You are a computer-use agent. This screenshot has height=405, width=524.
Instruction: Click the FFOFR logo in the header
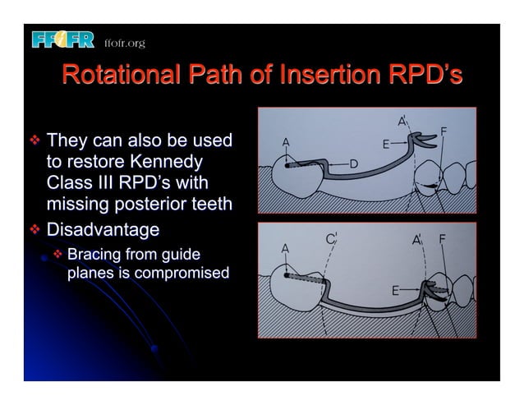click(x=63, y=39)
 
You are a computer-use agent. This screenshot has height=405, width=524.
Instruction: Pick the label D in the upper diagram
click(x=353, y=164)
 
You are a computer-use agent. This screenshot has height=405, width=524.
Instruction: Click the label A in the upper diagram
click(x=286, y=142)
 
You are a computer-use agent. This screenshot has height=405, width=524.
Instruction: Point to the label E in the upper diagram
click(x=386, y=145)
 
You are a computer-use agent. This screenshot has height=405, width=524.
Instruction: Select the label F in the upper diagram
click(x=444, y=131)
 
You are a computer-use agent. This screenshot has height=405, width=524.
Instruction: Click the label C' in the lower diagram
click(x=331, y=240)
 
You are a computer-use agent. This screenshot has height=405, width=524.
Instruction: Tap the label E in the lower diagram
click(x=396, y=290)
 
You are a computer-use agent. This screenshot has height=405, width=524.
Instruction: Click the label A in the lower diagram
click(x=286, y=247)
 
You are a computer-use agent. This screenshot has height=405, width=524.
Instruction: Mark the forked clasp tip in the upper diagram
click(x=424, y=139)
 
